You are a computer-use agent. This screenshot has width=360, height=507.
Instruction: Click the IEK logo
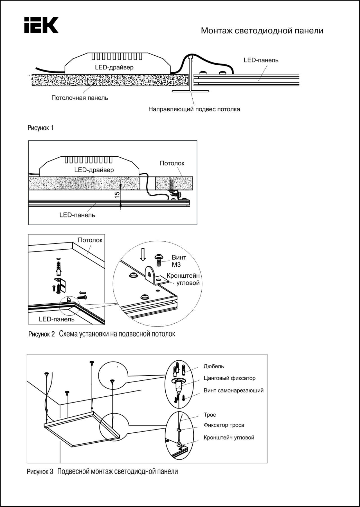(41, 25)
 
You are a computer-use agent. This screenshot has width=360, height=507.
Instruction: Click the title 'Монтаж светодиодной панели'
(262, 31)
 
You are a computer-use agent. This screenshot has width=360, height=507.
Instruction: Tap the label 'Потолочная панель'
(80, 98)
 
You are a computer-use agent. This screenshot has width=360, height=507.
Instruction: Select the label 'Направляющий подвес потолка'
(194, 109)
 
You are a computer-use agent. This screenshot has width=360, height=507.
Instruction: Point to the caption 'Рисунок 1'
(40, 128)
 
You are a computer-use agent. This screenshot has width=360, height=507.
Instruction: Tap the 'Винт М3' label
(179, 261)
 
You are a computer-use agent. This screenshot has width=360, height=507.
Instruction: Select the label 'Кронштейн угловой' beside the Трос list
(229, 438)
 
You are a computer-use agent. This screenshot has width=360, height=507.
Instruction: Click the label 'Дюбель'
(214, 366)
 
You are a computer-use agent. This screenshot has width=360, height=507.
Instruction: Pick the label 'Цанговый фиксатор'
(229, 378)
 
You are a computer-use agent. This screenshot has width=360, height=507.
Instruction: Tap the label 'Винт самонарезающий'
(233, 391)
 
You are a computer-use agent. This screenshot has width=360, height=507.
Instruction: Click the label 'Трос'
(210, 415)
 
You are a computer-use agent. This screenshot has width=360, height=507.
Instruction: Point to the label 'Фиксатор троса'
(224, 425)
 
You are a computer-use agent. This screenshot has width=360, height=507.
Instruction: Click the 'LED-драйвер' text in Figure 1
(114, 68)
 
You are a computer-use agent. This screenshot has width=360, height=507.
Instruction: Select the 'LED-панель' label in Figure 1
(261, 60)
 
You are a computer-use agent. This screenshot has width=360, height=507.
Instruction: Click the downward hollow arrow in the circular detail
(143, 254)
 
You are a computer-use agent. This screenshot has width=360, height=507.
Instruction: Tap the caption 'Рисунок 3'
(40, 472)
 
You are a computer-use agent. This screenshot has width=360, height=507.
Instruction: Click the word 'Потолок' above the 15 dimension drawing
(172, 163)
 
